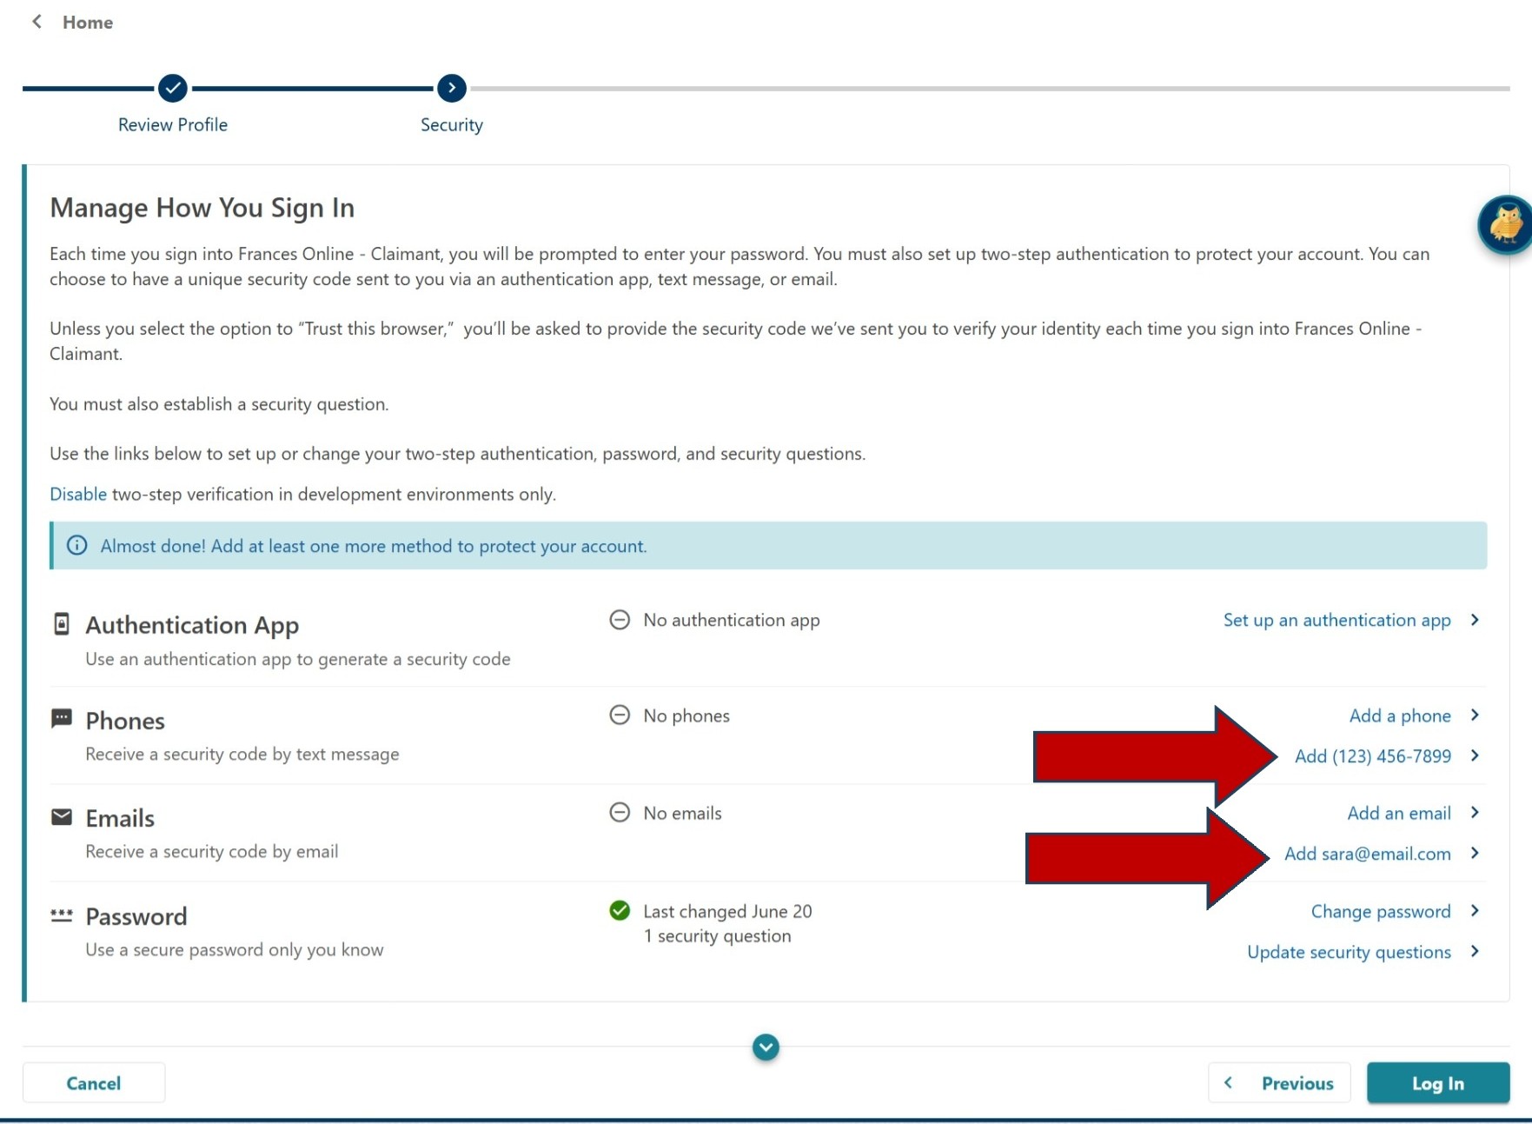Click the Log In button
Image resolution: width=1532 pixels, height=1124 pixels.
[x=1437, y=1083]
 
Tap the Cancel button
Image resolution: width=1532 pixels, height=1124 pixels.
[x=94, y=1083]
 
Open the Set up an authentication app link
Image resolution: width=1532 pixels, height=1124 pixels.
[x=1336, y=620]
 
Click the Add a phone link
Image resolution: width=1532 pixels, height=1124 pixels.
[x=1399, y=715]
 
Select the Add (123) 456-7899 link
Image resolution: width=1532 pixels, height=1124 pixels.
[x=1372, y=756]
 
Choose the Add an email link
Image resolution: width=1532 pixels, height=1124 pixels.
[x=1398, y=813]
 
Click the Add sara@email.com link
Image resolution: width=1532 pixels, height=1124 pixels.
[x=1367, y=854]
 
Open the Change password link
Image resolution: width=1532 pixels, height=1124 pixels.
[x=1380, y=911]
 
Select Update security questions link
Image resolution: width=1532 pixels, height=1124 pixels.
[x=1349, y=952]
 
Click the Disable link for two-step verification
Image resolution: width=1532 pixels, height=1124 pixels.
[x=78, y=495]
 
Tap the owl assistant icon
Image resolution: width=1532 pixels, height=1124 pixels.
[x=1505, y=225]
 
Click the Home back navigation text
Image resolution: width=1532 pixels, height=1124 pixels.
[x=87, y=23]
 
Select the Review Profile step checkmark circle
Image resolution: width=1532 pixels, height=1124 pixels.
[x=173, y=88]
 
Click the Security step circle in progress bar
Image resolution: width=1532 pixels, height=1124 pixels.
[x=452, y=88]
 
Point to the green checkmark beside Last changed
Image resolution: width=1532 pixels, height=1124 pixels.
[x=620, y=910]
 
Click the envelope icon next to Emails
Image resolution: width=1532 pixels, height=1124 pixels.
[x=62, y=817]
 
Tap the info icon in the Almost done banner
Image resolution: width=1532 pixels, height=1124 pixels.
[x=77, y=545]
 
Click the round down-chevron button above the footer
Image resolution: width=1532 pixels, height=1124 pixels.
[x=766, y=1048]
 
